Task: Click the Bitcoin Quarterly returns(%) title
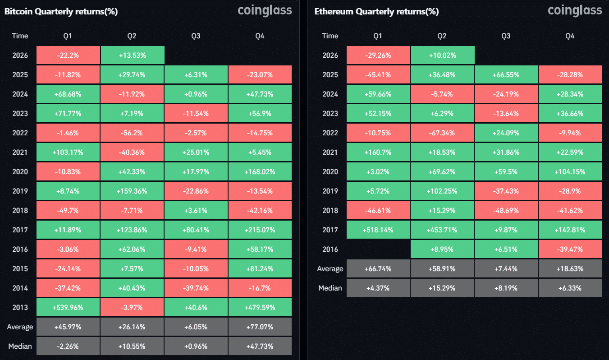[61, 12]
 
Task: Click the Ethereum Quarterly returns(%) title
[376, 12]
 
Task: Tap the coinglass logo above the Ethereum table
[575, 10]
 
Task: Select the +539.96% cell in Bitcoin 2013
[68, 307]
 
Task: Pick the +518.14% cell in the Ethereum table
[378, 230]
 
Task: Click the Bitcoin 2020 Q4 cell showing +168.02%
[260, 171]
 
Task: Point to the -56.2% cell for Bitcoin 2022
[132, 133]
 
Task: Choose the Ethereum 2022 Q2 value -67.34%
[442, 133]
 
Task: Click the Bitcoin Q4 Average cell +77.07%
[260, 327]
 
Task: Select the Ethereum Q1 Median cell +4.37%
[378, 288]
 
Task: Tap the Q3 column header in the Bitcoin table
[196, 36]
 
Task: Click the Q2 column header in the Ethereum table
[442, 36]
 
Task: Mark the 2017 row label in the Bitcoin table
[20, 230]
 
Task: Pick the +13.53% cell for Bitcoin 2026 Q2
[132, 55]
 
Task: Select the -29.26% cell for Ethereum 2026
[378, 55]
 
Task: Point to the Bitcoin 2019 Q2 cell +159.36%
[132, 191]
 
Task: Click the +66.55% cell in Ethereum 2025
[506, 74]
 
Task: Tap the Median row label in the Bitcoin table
[20, 346]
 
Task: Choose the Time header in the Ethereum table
[330, 36]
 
